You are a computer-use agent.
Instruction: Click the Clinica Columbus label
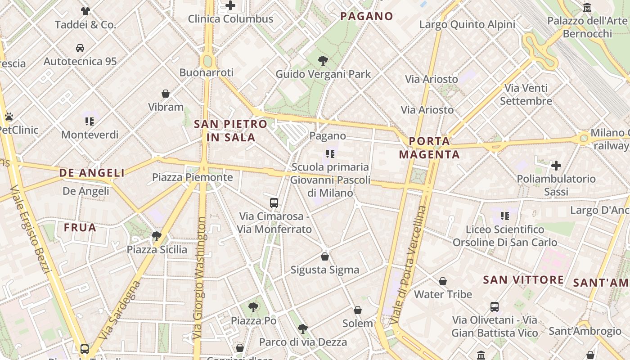pos(230,19)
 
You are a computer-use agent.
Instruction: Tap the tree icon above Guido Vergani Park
pos(323,61)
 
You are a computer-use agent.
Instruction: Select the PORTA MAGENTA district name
pos(429,148)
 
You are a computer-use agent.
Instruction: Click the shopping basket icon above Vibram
pos(166,94)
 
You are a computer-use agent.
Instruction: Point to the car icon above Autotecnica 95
pos(80,48)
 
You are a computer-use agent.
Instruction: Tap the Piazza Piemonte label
pos(192,177)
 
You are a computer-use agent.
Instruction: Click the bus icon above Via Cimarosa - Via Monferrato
pos(274,203)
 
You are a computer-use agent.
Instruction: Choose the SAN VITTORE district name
pos(523,280)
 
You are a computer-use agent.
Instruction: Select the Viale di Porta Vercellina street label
pos(408,265)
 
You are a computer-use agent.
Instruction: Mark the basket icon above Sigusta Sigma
pos(325,257)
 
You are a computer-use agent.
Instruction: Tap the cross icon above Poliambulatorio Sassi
pos(556,166)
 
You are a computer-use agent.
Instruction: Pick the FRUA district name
pos(80,228)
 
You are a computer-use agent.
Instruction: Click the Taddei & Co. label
pos(85,25)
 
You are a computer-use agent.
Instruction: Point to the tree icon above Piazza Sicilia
pos(157,236)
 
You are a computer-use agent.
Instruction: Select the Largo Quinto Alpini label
pos(467,24)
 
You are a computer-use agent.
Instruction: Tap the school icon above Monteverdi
pos(90,121)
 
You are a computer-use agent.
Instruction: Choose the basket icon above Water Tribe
pos(443,282)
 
